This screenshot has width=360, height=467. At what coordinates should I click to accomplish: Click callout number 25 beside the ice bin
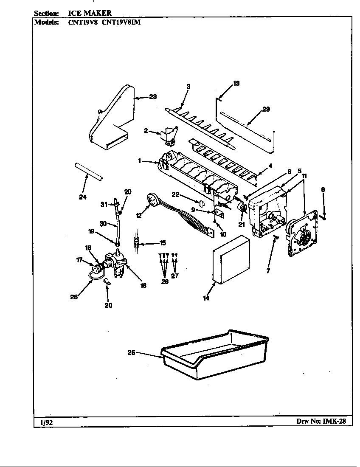132,352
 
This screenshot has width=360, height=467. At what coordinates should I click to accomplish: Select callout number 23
152,97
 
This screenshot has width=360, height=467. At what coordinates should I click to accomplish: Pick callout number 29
266,109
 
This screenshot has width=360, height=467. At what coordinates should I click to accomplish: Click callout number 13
236,83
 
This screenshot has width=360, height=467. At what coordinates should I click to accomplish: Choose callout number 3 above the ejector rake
188,86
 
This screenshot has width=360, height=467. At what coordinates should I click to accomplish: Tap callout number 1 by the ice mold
139,161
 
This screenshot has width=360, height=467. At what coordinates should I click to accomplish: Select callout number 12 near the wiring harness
138,216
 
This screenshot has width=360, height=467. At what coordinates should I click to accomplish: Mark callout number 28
74,297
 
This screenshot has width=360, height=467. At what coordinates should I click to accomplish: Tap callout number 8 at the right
323,190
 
